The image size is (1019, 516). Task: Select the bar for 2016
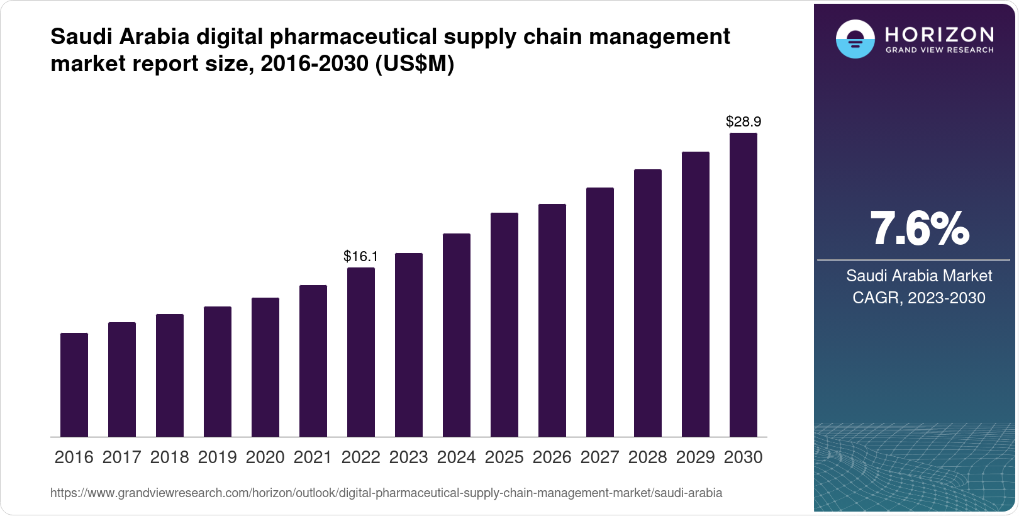(74, 384)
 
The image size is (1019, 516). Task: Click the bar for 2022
(361, 352)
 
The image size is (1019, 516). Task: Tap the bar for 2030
(743, 284)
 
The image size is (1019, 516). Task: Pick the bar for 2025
(504, 325)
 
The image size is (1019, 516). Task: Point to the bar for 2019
(218, 371)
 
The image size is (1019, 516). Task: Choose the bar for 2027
(600, 312)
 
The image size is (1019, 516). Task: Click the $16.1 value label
(360, 256)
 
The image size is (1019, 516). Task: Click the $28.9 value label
(743, 121)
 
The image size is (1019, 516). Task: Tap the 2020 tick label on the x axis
(265, 457)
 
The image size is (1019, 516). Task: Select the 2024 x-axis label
(457, 457)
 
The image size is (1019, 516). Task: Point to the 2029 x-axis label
(696, 457)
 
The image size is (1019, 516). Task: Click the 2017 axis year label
(122, 457)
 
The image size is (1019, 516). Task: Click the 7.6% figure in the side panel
(919, 228)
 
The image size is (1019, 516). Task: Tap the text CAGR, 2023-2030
(919, 298)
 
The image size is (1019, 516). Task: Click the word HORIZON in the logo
(940, 34)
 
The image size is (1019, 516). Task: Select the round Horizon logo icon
(855, 39)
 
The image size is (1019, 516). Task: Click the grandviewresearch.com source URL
(386, 493)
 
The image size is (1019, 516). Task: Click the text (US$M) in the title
(414, 64)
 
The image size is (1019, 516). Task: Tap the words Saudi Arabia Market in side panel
(919, 276)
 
